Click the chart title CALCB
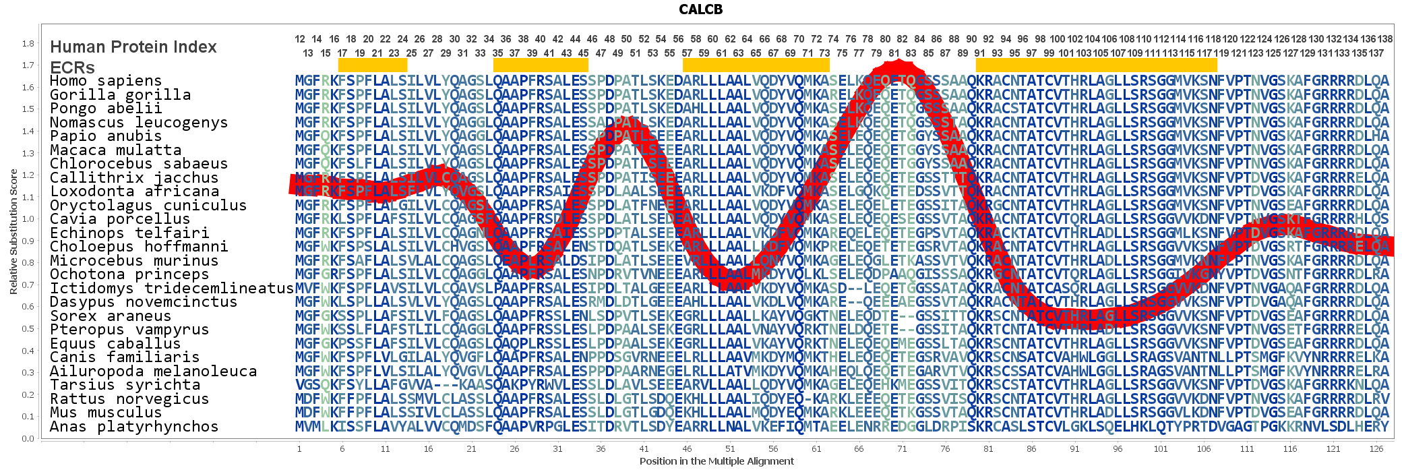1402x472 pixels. tap(700, 9)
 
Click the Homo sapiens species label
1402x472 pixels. tap(106, 81)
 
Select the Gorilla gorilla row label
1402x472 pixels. tap(120, 95)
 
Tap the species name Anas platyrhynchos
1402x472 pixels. tap(134, 426)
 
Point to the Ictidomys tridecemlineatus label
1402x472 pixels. tap(172, 288)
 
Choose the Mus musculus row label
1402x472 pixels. tap(106, 412)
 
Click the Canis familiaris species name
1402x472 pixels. tap(125, 357)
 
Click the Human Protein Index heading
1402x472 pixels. tap(133, 47)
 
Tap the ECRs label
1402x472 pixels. tap(72, 67)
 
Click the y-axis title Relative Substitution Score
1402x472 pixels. tap(13, 231)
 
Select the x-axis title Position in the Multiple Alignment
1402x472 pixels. tap(717, 461)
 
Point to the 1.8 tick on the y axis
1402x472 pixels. tap(28, 44)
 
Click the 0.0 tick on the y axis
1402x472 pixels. tap(28, 438)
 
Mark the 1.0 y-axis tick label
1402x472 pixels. tap(28, 219)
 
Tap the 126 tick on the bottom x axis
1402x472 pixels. tap(1376, 448)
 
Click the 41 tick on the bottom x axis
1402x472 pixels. tap(644, 448)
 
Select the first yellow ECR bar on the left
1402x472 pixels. tap(373, 65)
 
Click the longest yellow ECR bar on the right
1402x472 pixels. tap(1096, 65)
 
